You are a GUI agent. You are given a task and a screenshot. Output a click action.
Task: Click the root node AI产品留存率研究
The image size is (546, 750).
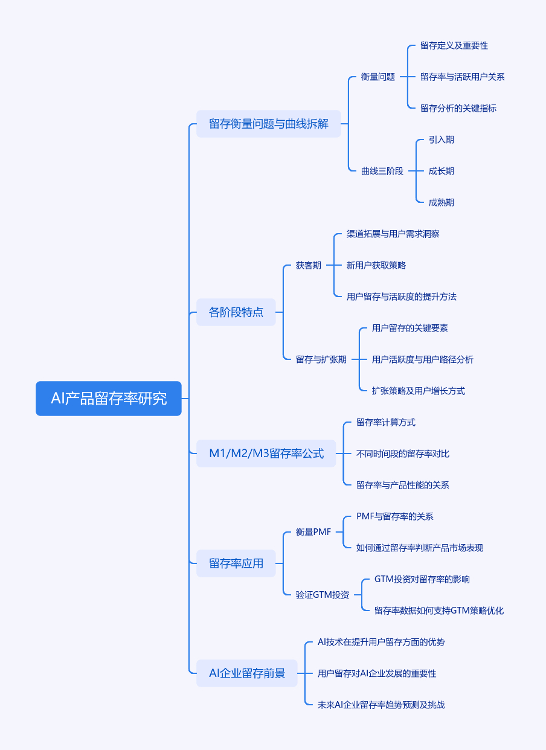click(x=109, y=399)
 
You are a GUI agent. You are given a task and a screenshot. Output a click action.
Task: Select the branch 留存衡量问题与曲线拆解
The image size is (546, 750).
click(x=269, y=124)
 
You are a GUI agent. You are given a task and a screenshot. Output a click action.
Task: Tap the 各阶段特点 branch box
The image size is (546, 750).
click(x=236, y=312)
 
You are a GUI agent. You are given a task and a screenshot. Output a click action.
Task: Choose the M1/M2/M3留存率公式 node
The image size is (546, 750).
click(x=266, y=454)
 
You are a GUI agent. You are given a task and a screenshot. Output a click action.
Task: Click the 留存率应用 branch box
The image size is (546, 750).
click(x=236, y=563)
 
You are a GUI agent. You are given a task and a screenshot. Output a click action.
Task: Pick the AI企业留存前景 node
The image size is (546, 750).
click(x=247, y=673)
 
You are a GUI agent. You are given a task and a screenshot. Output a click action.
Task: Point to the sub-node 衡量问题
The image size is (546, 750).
click(x=378, y=77)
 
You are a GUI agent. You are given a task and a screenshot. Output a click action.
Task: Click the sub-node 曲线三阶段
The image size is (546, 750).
click(x=382, y=171)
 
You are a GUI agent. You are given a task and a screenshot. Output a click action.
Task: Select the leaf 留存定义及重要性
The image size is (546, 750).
click(x=454, y=45)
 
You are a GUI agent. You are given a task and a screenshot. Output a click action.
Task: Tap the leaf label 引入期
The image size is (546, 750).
click(x=441, y=139)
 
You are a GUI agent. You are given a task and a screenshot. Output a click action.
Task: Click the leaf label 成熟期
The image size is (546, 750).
click(x=441, y=202)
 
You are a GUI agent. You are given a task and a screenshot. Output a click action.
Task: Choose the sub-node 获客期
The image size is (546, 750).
click(x=309, y=265)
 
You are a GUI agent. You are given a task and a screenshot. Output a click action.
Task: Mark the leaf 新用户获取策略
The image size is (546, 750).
click(x=376, y=265)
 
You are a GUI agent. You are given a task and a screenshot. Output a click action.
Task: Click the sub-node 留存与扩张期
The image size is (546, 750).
click(x=321, y=359)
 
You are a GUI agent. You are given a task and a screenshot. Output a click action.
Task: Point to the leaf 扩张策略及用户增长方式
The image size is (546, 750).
click(x=419, y=391)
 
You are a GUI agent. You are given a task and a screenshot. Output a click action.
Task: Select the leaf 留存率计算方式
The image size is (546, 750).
click(x=386, y=422)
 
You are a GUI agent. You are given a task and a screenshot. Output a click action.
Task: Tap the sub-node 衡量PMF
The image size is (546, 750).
click(x=313, y=532)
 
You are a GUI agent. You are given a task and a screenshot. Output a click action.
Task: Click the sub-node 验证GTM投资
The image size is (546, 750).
click(x=323, y=595)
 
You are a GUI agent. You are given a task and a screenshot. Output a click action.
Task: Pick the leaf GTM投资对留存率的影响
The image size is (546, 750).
click(x=422, y=579)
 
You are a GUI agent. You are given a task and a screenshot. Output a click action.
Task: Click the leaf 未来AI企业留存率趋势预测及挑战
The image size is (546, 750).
click(x=381, y=705)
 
